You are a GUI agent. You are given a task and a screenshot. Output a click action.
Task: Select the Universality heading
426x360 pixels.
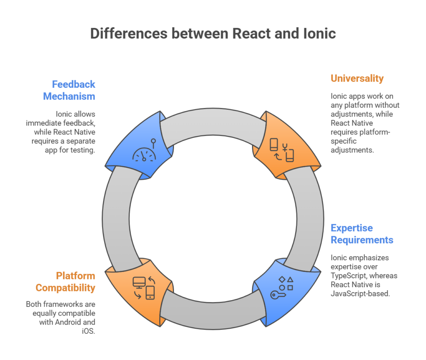(x=357, y=79)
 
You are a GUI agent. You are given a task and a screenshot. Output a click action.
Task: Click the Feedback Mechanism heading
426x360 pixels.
(x=69, y=90)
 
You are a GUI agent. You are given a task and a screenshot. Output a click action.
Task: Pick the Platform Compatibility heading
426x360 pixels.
(x=65, y=282)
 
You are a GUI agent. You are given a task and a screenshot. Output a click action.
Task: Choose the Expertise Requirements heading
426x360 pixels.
(x=362, y=234)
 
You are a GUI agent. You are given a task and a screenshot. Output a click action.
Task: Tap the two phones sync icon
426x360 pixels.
(x=282, y=150)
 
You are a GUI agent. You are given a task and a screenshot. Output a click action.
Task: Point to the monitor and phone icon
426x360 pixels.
(x=144, y=288)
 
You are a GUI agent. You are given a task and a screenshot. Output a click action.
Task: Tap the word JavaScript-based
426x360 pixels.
(x=360, y=293)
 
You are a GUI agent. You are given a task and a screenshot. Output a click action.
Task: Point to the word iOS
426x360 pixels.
(x=89, y=331)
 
